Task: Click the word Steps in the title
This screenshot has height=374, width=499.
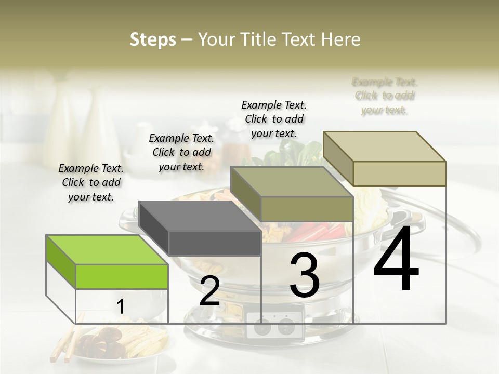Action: tap(153, 39)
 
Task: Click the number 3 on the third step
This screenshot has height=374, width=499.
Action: tap(305, 276)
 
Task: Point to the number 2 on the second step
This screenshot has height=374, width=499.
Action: tap(209, 291)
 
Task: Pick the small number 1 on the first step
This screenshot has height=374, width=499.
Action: tap(120, 307)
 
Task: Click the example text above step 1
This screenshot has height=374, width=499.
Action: tap(91, 182)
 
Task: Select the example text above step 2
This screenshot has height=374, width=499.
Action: tap(181, 152)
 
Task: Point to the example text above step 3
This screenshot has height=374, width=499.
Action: tap(274, 119)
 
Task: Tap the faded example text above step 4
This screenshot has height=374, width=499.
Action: tap(385, 96)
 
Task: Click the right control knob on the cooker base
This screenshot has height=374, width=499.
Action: tap(285, 327)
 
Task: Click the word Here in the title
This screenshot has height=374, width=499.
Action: tap(341, 39)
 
